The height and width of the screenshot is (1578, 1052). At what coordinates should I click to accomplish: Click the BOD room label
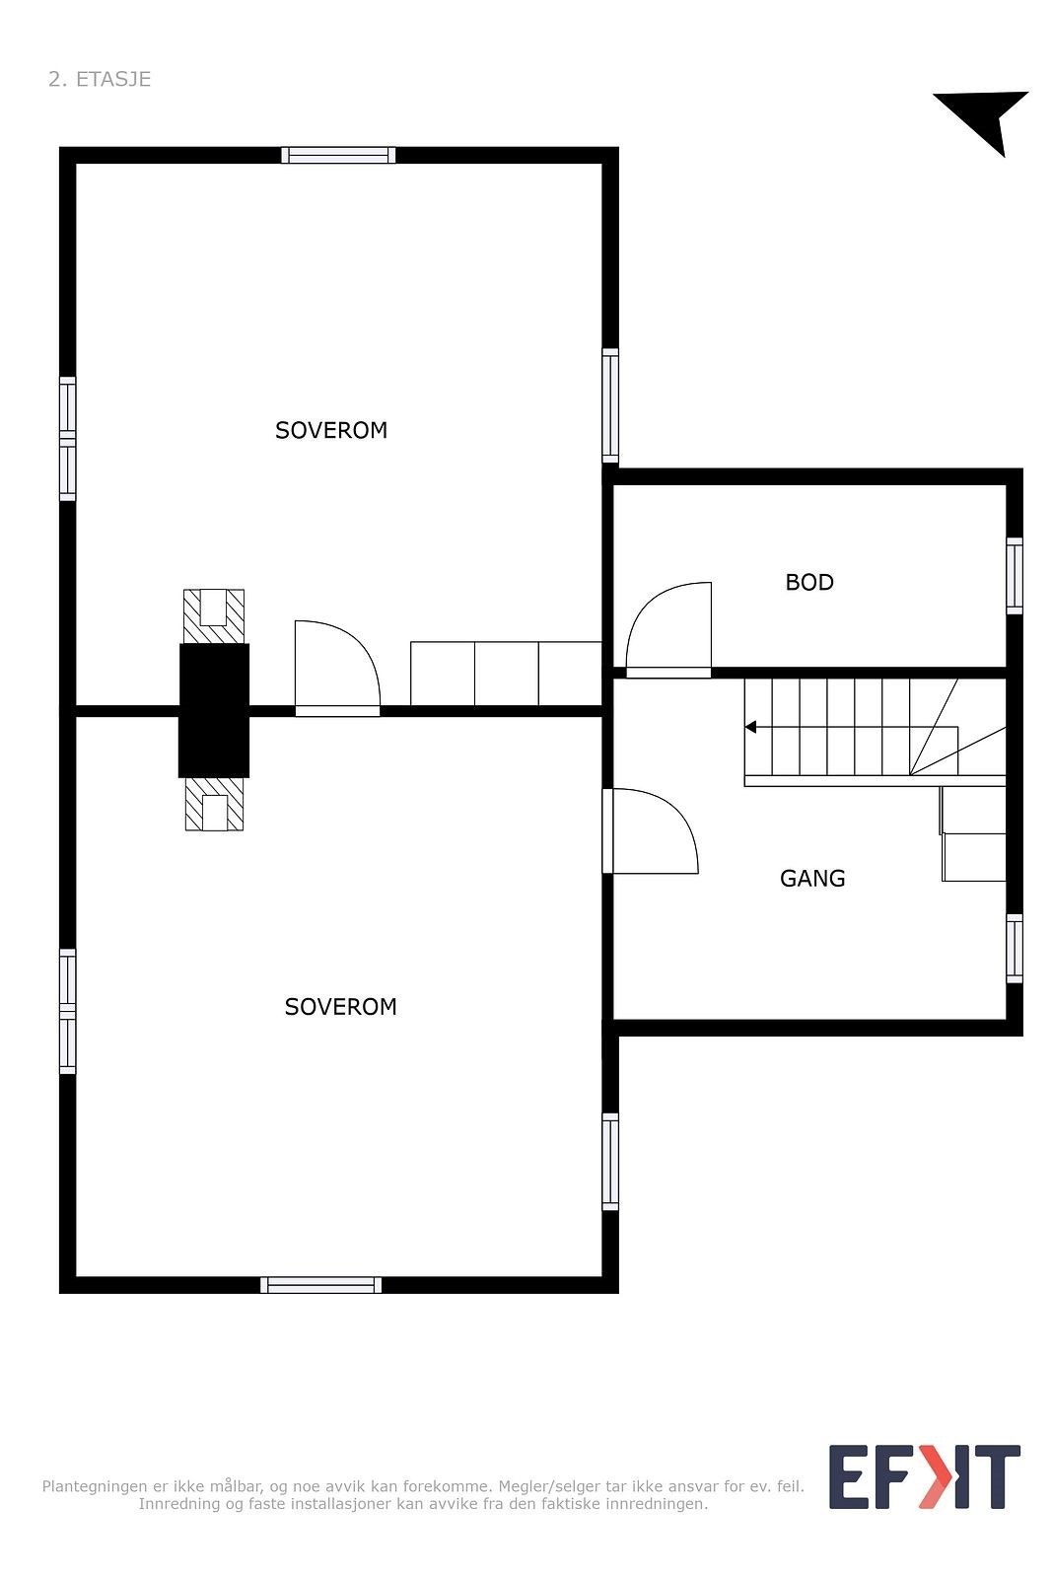coord(809,582)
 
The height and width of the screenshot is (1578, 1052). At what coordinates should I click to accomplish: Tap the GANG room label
coord(812,878)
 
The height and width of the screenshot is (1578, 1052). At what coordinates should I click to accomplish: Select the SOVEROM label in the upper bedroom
coord(331,430)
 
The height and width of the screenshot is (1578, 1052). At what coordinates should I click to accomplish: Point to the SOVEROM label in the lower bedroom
coord(340,1006)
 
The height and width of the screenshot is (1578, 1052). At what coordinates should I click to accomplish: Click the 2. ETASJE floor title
coord(100,79)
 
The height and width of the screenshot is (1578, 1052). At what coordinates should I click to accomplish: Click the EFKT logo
coord(924,1476)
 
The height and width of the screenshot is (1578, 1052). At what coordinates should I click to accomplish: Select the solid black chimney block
coord(214,710)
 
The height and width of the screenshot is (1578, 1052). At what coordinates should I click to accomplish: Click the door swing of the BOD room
coord(668,627)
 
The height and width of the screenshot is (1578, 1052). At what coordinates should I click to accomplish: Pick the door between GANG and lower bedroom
coord(651,830)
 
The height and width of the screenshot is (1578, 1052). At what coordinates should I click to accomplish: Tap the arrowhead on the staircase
coord(750,727)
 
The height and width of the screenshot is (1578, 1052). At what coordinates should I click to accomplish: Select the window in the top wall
coord(338,155)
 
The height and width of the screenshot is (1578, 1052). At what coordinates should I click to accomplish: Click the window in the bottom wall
coord(321,1284)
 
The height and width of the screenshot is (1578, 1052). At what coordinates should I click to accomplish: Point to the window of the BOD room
coord(1014,575)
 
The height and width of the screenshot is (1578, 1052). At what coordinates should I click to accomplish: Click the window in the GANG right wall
coord(1014,948)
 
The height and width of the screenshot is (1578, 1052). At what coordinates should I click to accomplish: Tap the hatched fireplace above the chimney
coord(214,615)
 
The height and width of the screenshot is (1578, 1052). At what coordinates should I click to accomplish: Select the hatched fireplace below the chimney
coord(214,804)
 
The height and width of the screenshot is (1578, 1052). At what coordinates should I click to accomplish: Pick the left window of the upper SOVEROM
coord(67,439)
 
